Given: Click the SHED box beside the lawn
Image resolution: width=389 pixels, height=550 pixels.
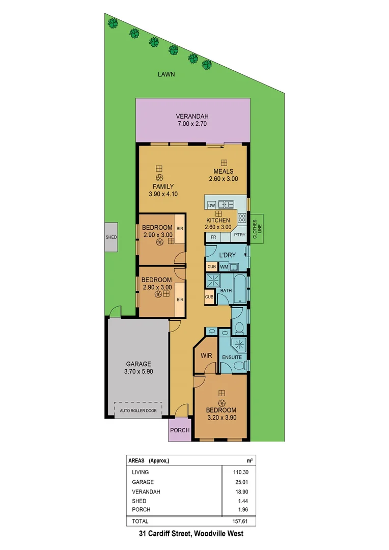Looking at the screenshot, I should point(111,237).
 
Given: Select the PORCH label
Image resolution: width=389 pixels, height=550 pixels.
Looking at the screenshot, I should point(179,430).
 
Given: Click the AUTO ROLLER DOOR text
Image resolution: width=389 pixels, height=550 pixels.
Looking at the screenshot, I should point(138,410).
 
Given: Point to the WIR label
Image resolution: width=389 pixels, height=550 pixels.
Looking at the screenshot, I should point(206,355).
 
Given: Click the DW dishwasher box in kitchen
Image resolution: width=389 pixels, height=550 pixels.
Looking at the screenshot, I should point(211,205).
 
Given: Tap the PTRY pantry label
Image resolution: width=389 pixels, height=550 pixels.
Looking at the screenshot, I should point(239,235).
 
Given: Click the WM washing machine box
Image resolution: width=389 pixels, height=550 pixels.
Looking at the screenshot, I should point(224,267).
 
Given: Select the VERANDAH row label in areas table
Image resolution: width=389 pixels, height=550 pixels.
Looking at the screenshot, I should point(146,491).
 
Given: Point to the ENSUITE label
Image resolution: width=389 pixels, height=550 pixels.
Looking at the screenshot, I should point(232,358).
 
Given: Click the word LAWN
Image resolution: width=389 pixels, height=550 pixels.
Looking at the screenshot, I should point(166,74).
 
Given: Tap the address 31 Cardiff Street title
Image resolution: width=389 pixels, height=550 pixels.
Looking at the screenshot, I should point(191,534).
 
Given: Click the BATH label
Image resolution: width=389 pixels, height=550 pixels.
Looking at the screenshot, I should point(226,290).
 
